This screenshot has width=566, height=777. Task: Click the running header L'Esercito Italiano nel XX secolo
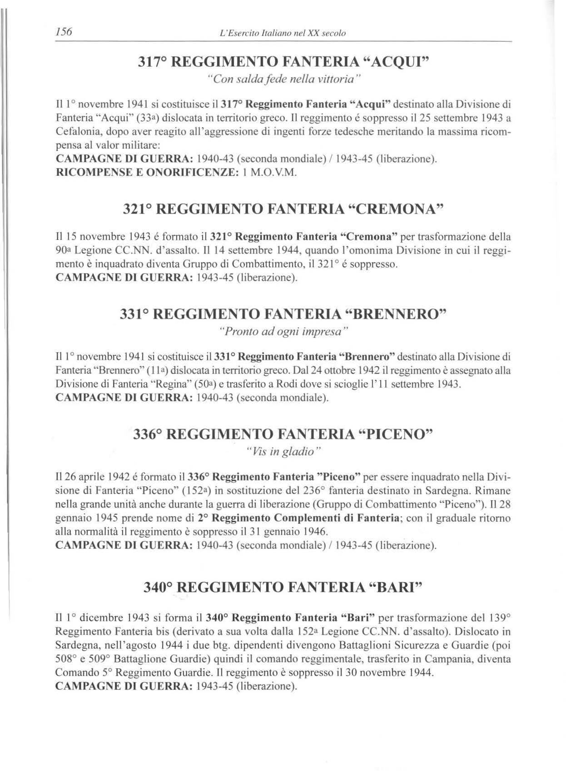coord(282,33)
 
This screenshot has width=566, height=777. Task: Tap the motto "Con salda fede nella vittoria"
coord(283,79)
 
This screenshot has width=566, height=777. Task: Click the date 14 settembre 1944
coord(253,250)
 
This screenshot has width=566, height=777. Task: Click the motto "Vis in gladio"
coord(283,452)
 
